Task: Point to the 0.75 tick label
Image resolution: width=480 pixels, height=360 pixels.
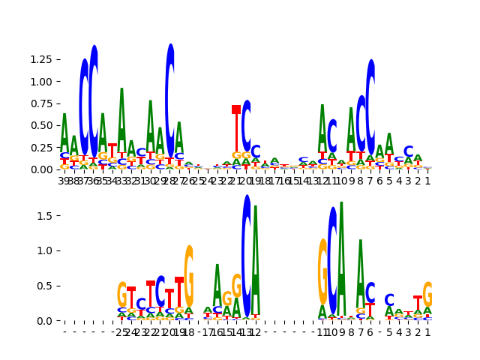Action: pos(41,103)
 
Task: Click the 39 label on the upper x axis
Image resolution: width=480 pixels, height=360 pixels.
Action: pos(64,181)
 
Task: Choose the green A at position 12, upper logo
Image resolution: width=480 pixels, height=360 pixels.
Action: pos(322,127)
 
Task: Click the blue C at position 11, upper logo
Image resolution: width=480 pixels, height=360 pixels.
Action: pos(332,135)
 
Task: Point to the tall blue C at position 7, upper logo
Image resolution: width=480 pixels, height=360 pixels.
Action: pos(370,105)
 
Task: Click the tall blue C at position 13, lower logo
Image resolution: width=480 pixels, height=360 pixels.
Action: pos(246,255)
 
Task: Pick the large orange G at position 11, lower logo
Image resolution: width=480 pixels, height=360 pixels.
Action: pos(322,271)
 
